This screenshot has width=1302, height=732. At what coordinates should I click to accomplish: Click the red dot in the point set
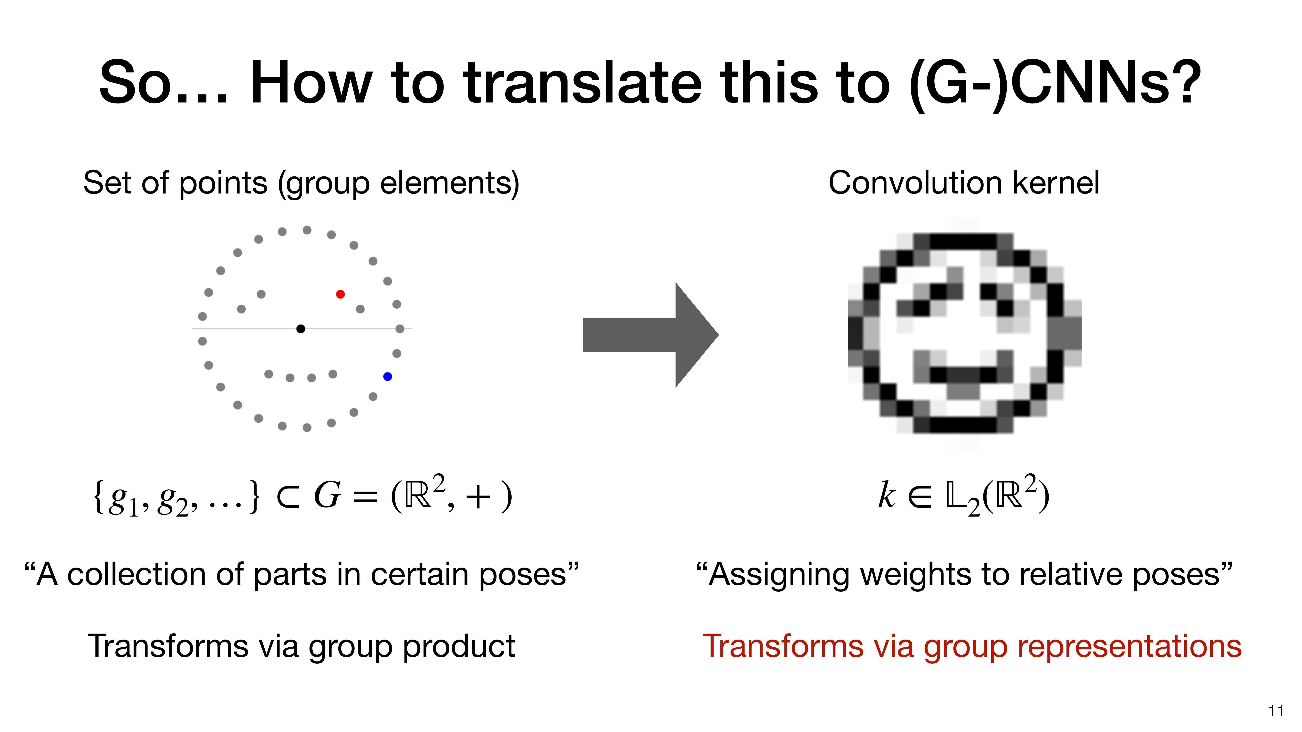point(340,294)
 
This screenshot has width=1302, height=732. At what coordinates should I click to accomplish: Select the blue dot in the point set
point(388,376)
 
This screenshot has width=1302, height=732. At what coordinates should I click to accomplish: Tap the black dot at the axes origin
point(301,329)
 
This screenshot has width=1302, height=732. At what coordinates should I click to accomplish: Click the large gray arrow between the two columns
point(651,335)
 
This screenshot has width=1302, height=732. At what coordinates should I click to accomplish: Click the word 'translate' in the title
point(583,82)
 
